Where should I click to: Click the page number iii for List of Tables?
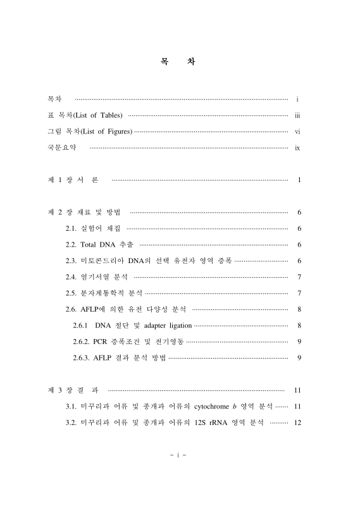click(297, 115)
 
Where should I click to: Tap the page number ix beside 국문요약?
click(297, 148)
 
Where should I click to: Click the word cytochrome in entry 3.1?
click(216, 406)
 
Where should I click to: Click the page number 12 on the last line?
click(297, 423)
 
